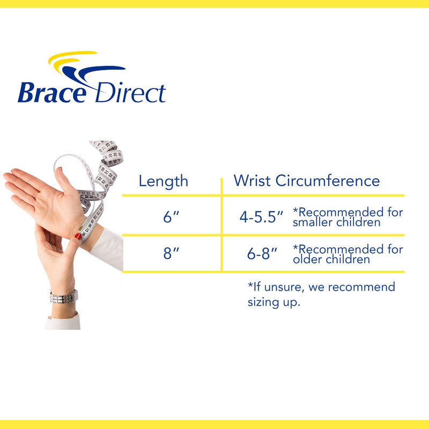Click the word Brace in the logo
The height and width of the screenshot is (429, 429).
point(51,92)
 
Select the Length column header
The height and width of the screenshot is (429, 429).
point(164,181)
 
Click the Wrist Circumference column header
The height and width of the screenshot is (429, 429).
point(306,181)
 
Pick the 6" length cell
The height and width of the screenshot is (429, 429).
point(171,218)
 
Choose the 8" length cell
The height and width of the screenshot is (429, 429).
point(171,254)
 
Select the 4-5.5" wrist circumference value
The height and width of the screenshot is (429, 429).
point(261,218)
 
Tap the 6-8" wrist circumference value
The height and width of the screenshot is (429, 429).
point(262,254)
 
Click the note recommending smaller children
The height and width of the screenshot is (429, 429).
point(347,217)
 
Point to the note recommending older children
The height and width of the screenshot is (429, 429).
point(347,254)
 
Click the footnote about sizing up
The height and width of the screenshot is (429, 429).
point(321,294)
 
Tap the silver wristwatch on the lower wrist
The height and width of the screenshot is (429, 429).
point(63,296)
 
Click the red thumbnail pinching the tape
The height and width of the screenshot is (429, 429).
point(78,236)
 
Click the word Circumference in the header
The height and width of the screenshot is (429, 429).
point(328,181)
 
